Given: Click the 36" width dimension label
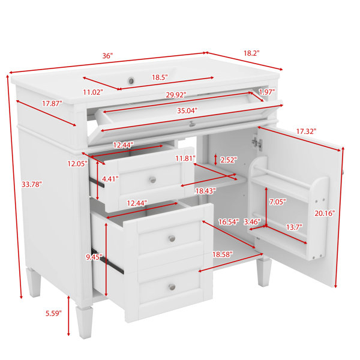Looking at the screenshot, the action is (107, 56).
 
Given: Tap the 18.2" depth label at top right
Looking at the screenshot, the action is (251, 53).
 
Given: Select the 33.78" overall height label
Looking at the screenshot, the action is (32, 184).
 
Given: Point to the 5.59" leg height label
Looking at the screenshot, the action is (53, 313).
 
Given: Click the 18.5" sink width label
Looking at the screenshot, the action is (160, 77).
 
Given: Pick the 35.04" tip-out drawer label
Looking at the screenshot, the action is (187, 110).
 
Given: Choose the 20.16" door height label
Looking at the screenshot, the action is (325, 213).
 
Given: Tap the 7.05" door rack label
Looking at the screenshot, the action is (278, 202).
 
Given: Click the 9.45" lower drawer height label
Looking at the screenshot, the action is (94, 257).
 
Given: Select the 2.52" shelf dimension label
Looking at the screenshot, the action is (229, 160).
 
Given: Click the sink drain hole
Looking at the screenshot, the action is (131, 81).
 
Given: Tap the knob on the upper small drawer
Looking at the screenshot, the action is (152, 179).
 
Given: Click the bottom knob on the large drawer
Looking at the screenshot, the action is (172, 287).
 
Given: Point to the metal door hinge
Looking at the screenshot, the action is (257, 143).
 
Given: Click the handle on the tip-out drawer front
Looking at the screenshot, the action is (192, 124).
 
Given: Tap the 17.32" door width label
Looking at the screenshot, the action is (306, 131).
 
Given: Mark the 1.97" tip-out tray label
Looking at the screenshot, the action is (267, 92).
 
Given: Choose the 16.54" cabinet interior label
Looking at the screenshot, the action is (229, 222).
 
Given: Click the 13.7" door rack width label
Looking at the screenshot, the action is (294, 227).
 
